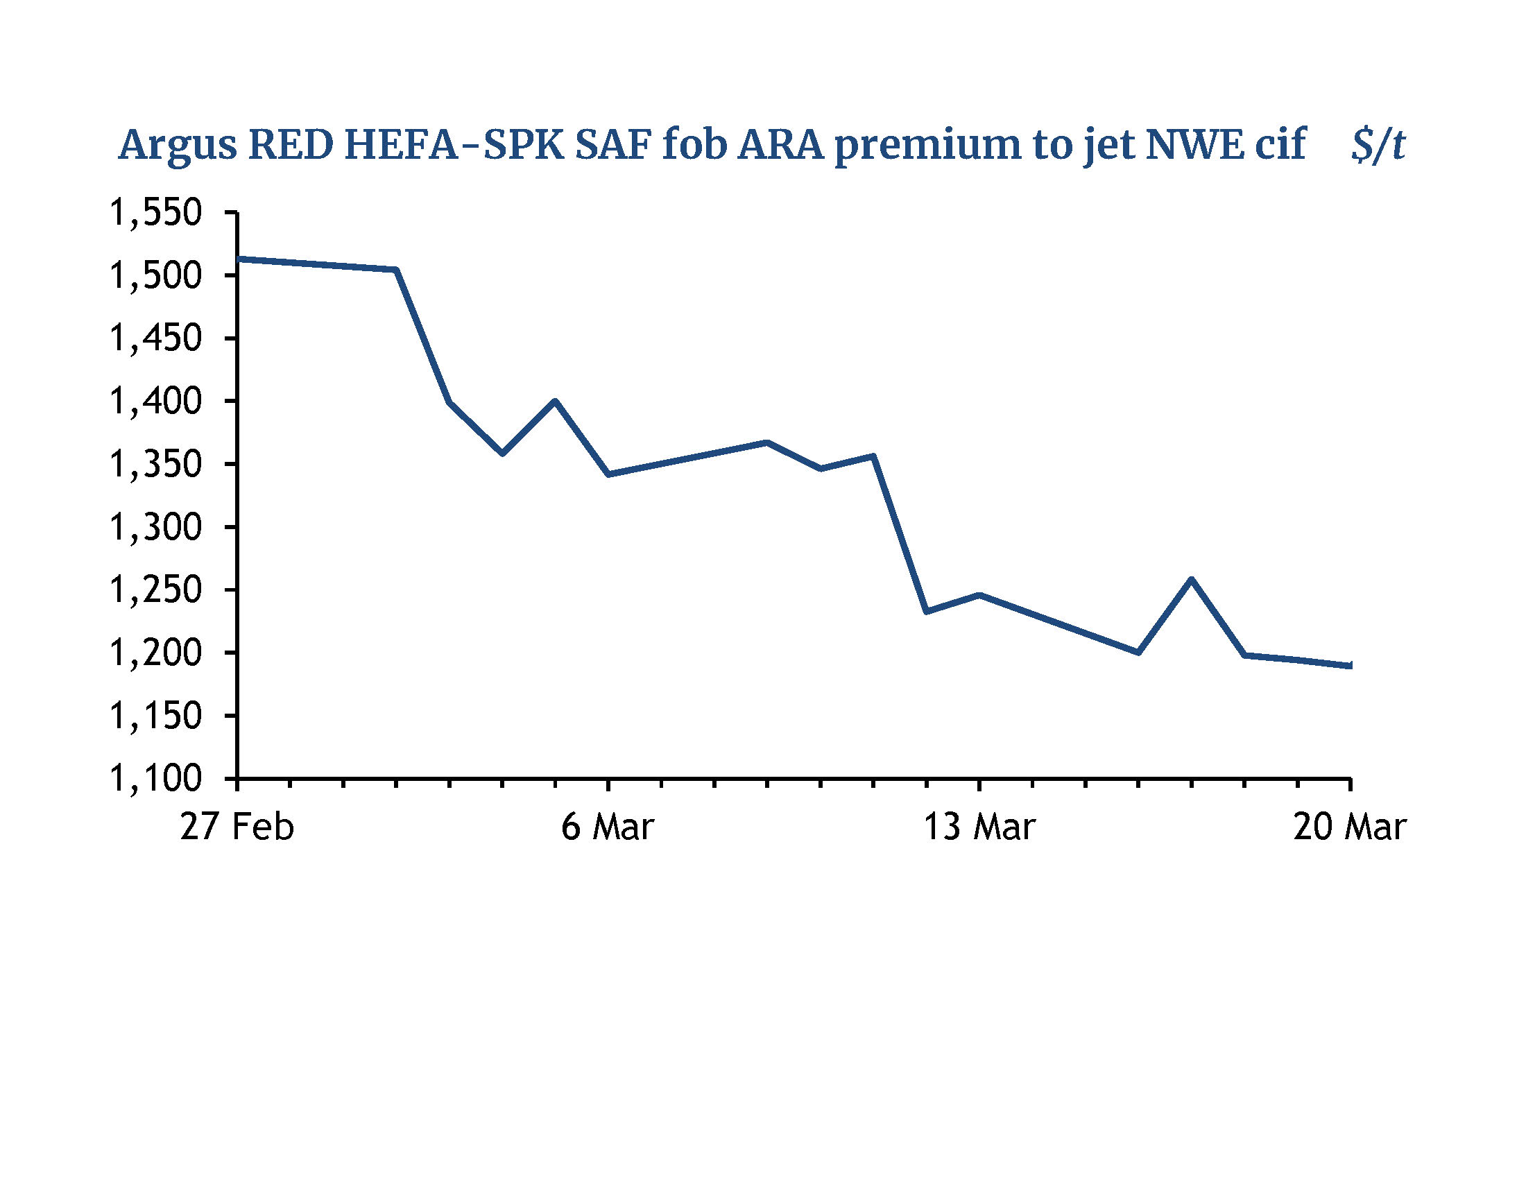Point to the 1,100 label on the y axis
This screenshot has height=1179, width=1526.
click(x=156, y=778)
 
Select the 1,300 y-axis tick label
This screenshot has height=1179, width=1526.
click(x=156, y=526)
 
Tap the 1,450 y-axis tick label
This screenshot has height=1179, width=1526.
click(x=156, y=338)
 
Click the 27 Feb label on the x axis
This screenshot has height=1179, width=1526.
click(x=237, y=827)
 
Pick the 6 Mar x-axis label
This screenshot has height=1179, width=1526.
click(x=608, y=827)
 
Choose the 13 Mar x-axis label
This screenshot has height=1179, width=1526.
click(x=979, y=827)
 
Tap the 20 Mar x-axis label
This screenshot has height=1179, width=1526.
click(x=1349, y=827)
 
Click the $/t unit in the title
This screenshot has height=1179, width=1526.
click(x=1377, y=146)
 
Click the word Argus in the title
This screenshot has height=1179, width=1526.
click(x=178, y=146)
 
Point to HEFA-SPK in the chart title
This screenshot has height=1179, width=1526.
click(x=454, y=146)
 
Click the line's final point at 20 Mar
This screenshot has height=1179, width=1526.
click(x=1349, y=666)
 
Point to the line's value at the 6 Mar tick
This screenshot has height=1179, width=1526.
click(x=608, y=474)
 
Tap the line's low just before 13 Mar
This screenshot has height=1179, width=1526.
click(x=927, y=611)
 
